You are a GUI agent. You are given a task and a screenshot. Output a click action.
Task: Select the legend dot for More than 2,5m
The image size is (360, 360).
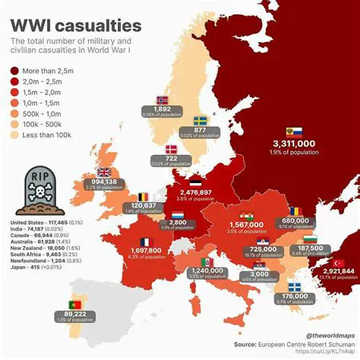coord(16,70)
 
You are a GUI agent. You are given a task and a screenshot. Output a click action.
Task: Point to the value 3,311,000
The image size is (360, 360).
coord(294,143)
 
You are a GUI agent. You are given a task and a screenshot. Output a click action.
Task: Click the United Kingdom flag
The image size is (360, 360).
coord(103,172)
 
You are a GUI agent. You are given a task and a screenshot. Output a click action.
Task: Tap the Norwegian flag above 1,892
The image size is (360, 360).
coord(162,99)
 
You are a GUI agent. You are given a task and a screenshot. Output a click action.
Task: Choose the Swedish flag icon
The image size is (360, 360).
coord(201,120)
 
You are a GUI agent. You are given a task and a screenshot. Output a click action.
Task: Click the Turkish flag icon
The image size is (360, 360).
coord(338,264)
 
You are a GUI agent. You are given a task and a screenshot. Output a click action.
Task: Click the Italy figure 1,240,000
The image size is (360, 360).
coord(207,270)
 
